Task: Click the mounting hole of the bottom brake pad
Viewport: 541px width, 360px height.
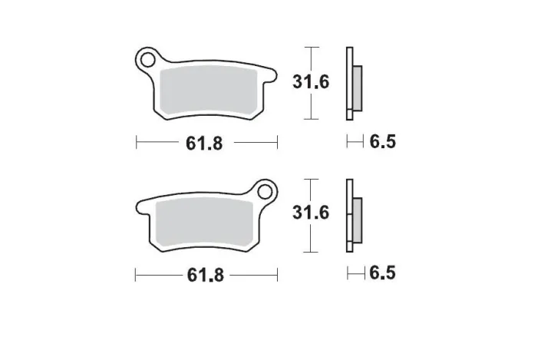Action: (266, 190)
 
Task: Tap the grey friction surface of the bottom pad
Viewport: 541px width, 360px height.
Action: (203, 220)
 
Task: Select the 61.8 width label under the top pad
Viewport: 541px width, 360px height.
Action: (205, 143)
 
